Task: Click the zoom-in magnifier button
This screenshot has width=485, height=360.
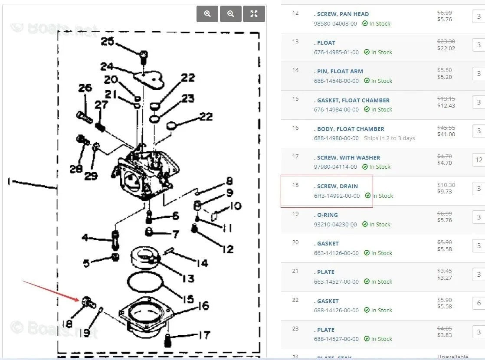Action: click(207, 14)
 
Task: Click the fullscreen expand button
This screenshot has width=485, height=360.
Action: click(254, 14)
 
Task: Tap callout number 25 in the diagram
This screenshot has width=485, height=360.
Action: click(107, 42)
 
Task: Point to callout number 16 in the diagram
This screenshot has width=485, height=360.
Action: click(203, 306)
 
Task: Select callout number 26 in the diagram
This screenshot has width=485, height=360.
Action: click(85, 88)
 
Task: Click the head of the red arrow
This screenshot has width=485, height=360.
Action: click(79, 299)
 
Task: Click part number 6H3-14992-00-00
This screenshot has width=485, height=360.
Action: click(337, 196)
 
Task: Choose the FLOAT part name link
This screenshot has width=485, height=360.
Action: click(326, 43)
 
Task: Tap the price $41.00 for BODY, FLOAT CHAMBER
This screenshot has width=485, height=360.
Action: click(446, 134)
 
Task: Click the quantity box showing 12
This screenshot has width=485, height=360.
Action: click(478, 160)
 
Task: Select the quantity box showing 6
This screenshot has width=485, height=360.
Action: click(478, 303)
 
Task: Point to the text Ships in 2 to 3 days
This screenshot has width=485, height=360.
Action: click(389, 138)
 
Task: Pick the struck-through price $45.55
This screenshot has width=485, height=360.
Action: click(446, 128)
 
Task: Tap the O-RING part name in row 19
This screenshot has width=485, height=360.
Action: click(327, 215)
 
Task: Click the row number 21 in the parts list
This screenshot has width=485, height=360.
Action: click(295, 271)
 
